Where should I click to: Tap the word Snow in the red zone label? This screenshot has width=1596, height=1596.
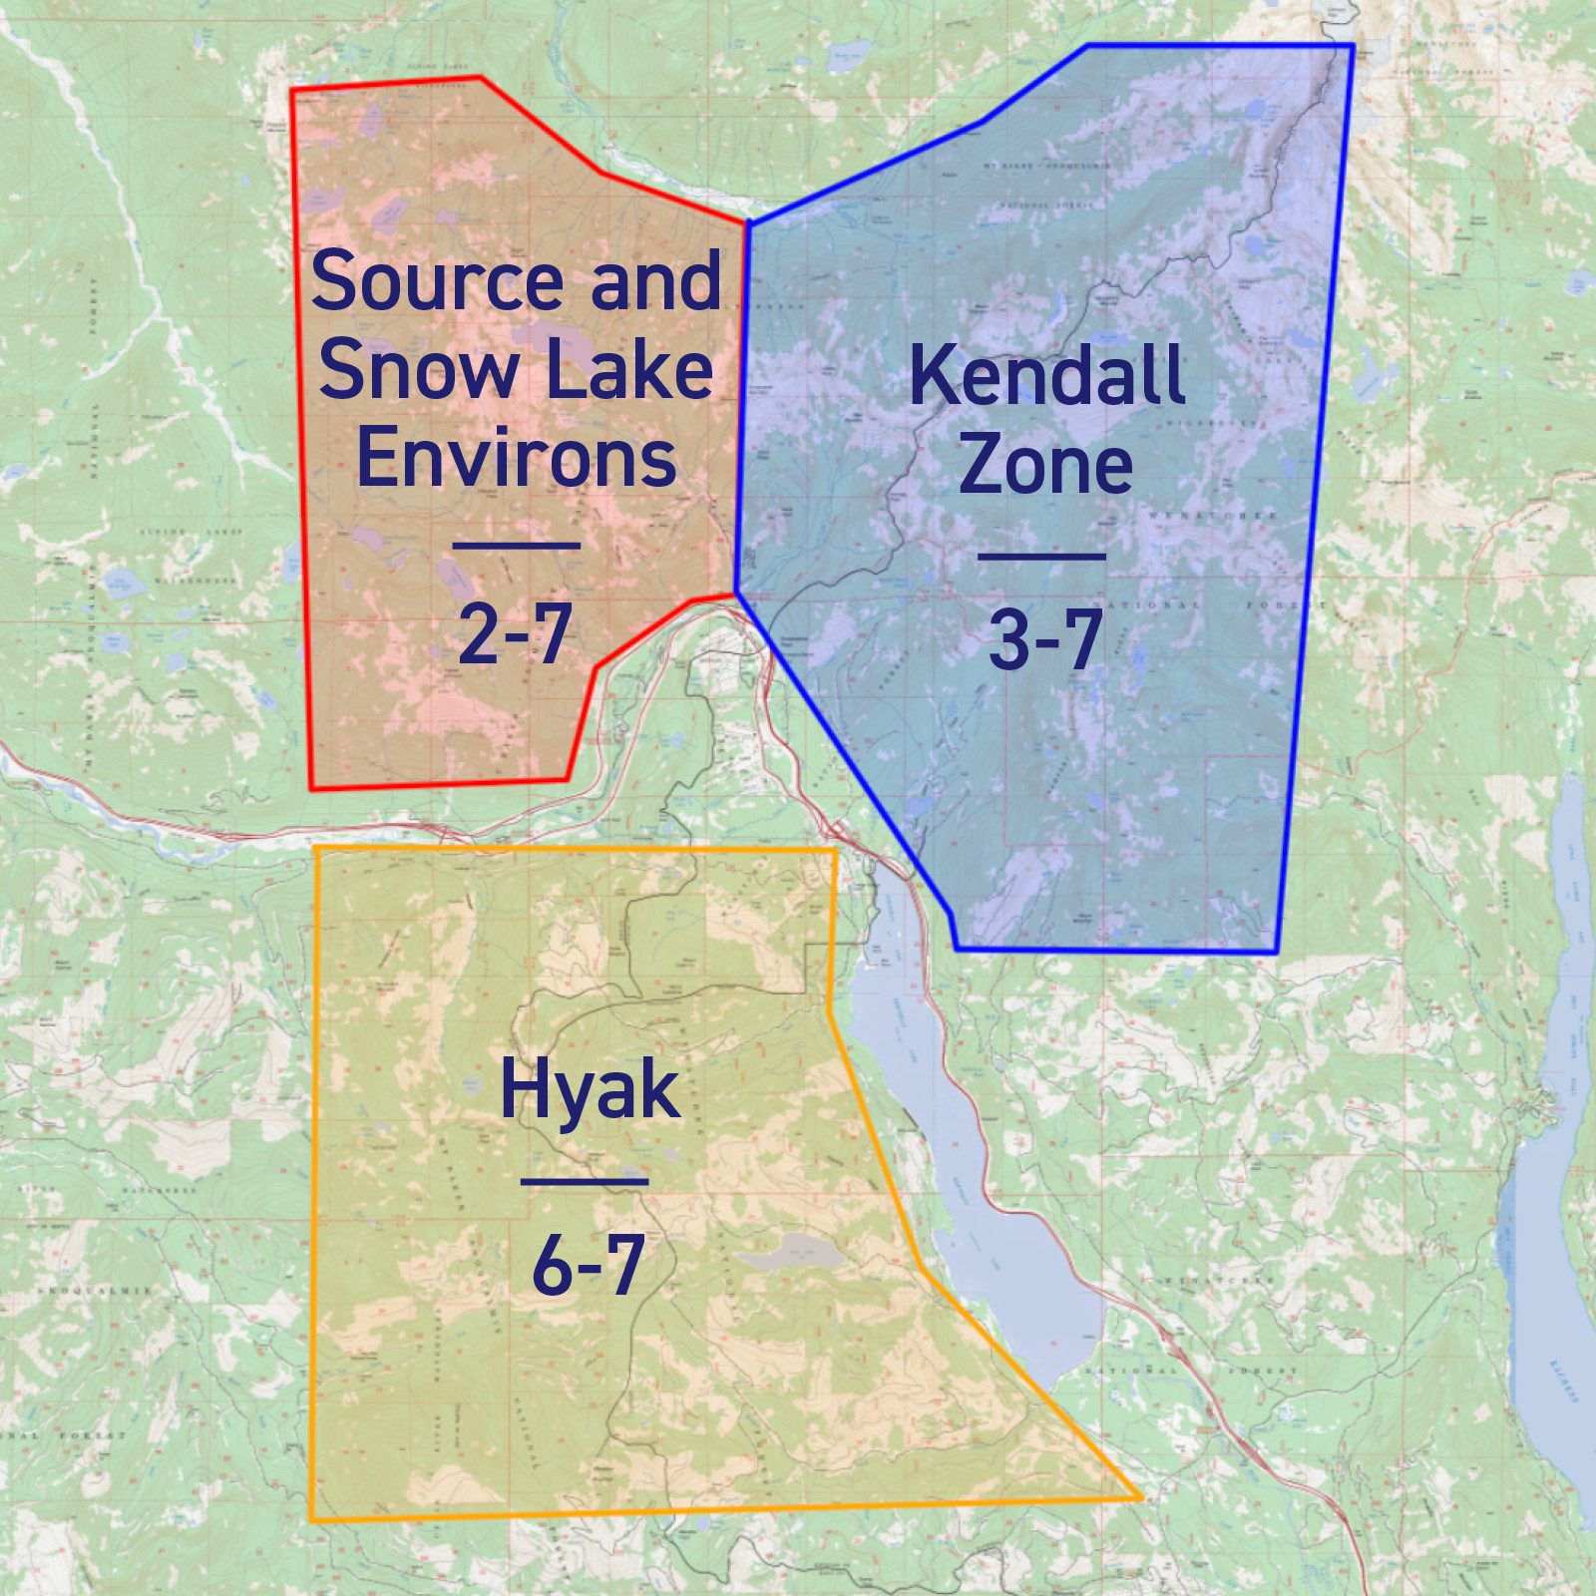tap(418, 370)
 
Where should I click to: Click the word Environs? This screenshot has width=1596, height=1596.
tap(517, 459)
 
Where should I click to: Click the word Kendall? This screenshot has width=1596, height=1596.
tap(1047, 376)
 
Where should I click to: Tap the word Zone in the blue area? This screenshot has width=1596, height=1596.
tap(1045, 465)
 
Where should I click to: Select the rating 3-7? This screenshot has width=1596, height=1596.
tap(1045, 640)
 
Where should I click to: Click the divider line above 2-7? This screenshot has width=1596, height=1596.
tap(517, 546)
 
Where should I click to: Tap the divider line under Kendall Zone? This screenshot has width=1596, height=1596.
tap(1041, 557)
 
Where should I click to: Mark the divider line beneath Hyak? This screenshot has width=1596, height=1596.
tap(585, 1182)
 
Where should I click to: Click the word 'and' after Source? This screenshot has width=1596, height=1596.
tap(655, 282)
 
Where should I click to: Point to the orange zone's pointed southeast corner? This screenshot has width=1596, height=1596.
tap(1140, 1497)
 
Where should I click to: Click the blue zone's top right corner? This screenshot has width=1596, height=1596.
tap(1352, 46)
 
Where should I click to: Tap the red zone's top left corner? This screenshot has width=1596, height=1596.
tap(292, 91)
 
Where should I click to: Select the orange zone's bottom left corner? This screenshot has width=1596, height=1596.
tap(312, 1520)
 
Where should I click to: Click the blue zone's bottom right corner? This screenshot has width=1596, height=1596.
tap(1277, 952)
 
